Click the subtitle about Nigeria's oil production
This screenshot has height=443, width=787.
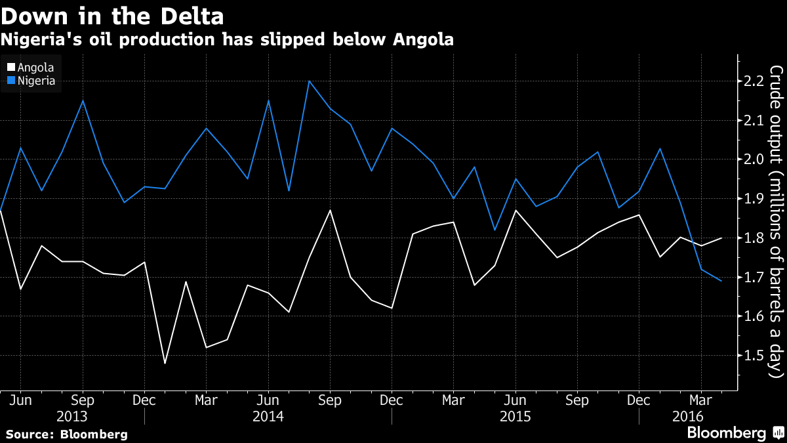click(227, 40)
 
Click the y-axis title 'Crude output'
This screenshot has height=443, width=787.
click(776, 222)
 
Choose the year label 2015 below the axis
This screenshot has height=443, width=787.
click(515, 416)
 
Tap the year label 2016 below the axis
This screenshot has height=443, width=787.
click(687, 416)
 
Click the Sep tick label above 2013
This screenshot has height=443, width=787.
click(82, 400)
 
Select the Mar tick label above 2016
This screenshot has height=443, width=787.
click(701, 400)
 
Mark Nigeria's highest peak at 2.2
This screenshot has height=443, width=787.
click(309, 81)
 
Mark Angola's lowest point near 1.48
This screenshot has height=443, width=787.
click(165, 363)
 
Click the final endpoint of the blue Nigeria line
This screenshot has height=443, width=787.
click(722, 281)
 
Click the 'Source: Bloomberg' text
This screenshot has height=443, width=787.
click(67, 434)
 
